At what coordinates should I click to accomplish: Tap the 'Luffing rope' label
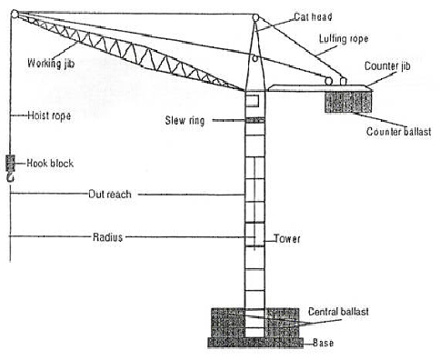pyautogui.click(x=341, y=39)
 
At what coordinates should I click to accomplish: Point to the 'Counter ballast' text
pyautogui.click(x=396, y=130)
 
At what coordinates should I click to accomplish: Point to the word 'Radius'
pyautogui.click(x=106, y=236)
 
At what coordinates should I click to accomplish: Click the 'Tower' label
pyautogui.click(x=288, y=239)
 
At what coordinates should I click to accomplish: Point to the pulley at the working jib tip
pyautogui.click(x=15, y=15)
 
